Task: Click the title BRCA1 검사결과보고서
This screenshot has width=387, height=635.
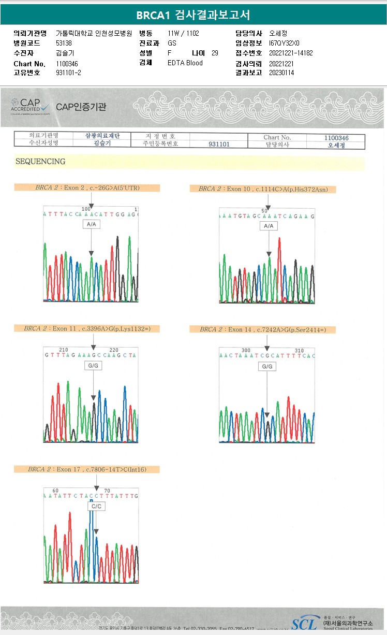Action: (193, 15)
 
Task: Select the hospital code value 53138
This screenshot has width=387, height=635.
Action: (64, 43)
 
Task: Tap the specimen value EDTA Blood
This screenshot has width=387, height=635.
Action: (185, 63)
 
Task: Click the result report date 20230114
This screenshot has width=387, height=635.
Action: (281, 73)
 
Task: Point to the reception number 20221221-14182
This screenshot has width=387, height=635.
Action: (291, 53)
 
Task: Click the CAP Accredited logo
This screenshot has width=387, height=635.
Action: (31, 106)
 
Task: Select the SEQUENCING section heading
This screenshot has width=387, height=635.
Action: (40, 162)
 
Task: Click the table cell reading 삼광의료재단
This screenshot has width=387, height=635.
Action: (102, 136)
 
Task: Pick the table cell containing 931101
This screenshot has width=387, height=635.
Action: (219, 145)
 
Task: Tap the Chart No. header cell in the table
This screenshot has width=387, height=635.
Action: (277, 138)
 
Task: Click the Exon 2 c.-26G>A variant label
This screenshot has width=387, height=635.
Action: (87, 187)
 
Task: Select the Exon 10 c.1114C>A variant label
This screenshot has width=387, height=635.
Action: (263, 189)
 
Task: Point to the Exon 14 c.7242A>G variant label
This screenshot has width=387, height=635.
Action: (262, 329)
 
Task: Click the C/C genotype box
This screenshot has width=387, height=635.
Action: (96, 506)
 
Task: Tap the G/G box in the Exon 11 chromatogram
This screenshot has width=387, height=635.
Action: (94, 366)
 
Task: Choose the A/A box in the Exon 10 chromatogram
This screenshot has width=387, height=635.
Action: (269, 226)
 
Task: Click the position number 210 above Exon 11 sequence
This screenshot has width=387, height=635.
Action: (64, 350)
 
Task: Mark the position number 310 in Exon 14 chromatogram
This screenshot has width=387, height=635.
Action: (299, 351)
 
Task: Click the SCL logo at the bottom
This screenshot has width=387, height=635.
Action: (304, 624)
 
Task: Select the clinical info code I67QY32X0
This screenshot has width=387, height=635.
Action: (284, 43)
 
